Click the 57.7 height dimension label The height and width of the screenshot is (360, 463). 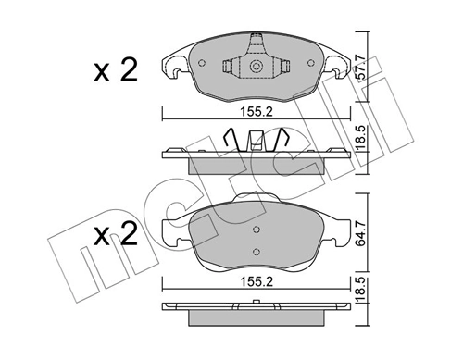[x=361, y=64]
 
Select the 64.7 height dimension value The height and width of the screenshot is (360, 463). [x=361, y=236]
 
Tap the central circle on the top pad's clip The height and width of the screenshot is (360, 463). [x=253, y=66]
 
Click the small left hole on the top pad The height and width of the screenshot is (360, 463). [x=203, y=63]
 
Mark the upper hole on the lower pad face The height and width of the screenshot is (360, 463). [x=255, y=223]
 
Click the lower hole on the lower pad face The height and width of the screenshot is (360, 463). [x=255, y=252]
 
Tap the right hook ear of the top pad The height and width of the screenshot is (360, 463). [x=337, y=67]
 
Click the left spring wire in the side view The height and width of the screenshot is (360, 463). [x=233, y=141]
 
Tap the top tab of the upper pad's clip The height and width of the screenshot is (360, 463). [x=253, y=41]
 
